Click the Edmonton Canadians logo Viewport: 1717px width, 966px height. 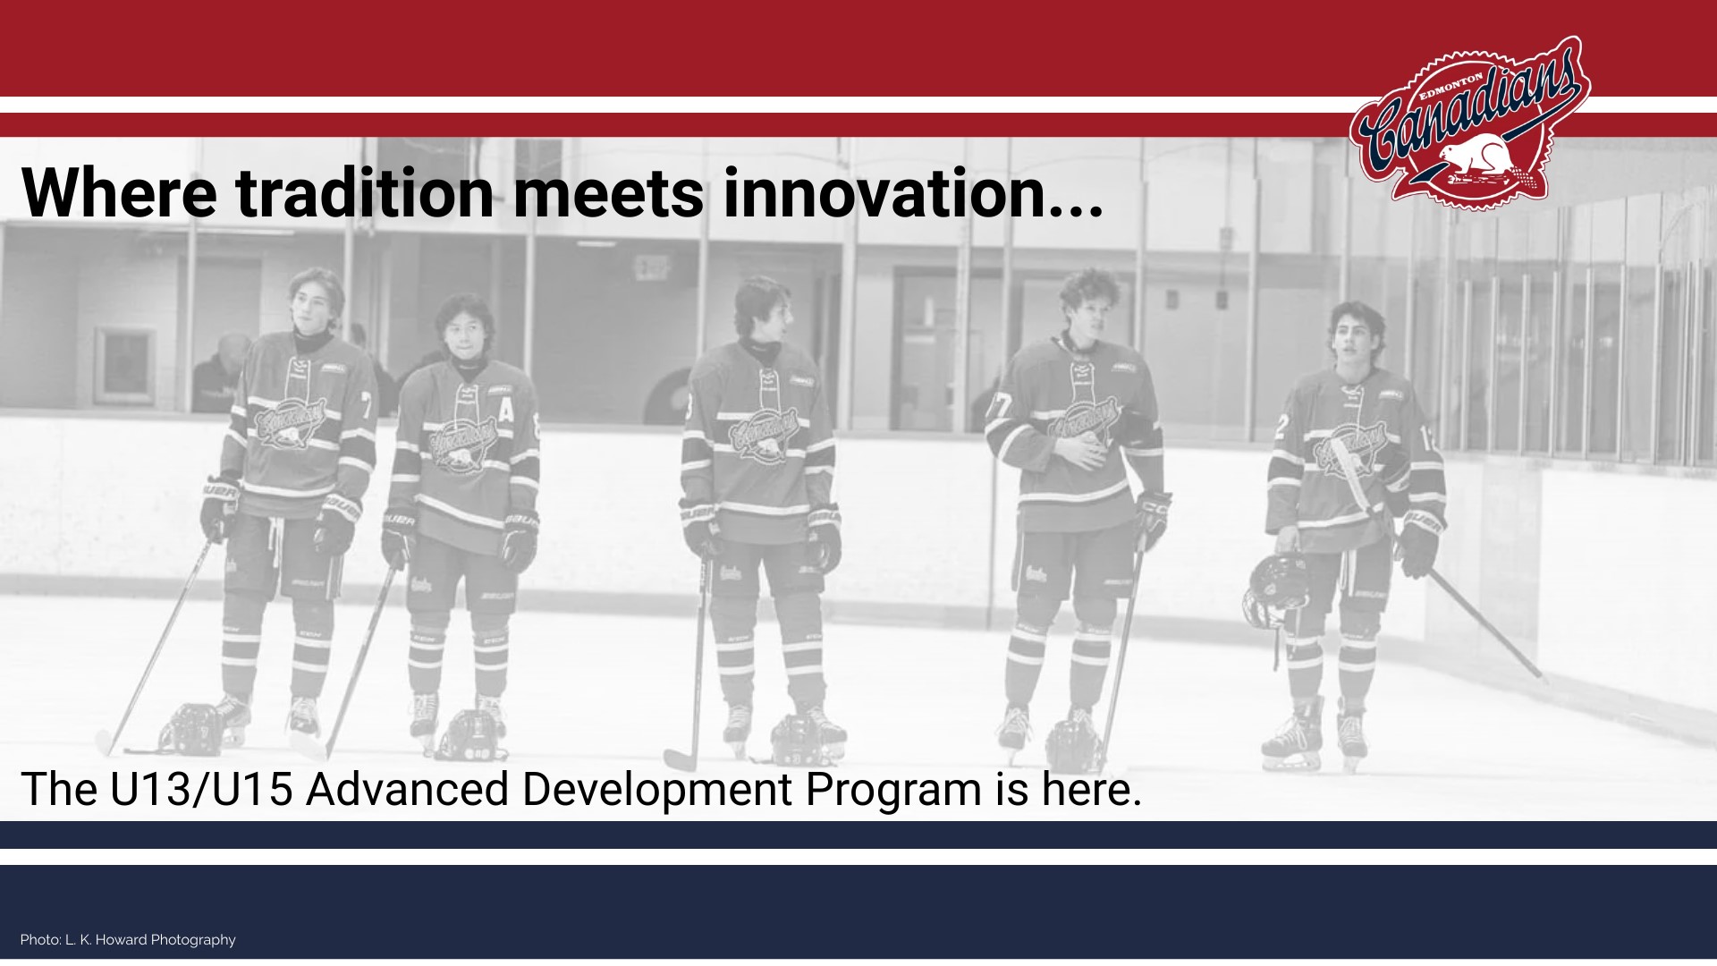click(x=1470, y=123)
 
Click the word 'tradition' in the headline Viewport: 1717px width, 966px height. click(x=364, y=192)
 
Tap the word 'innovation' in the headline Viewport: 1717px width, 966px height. click(x=913, y=192)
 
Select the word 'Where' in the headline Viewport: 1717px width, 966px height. click(x=119, y=192)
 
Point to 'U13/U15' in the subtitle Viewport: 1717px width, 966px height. click(x=201, y=790)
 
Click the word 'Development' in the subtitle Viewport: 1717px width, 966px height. click(x=656, y=790)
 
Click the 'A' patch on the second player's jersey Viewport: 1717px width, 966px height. click(x=507, y=410)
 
